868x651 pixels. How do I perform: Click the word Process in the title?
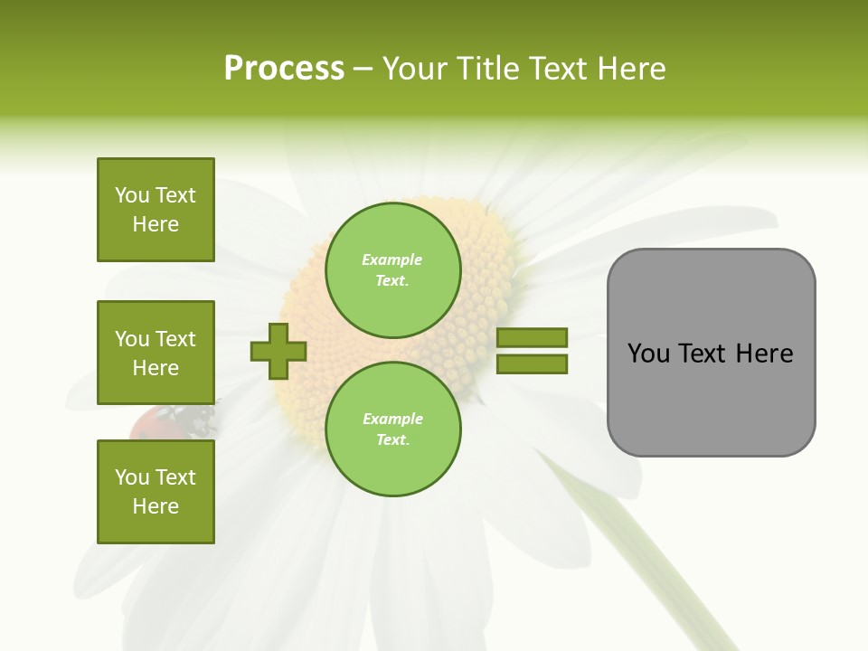[284, 69]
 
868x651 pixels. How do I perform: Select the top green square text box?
[156, 210]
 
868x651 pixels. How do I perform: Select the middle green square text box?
[156, 353]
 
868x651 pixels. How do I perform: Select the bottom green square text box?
[156, 492]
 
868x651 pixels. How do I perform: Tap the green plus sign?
[278, 351]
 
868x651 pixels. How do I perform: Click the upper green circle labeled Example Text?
[392, 270]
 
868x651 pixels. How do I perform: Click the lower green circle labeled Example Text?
[392, 429]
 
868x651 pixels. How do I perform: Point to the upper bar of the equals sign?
[532, 337]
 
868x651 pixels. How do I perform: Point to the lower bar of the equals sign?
[532, 364]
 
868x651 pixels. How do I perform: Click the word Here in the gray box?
[764, 354]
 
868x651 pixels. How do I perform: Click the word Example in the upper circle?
[392, 259]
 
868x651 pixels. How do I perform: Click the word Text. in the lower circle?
[392, 440]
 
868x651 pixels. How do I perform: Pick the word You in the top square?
[132, 195]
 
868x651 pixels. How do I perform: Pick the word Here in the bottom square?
[156, 506]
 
